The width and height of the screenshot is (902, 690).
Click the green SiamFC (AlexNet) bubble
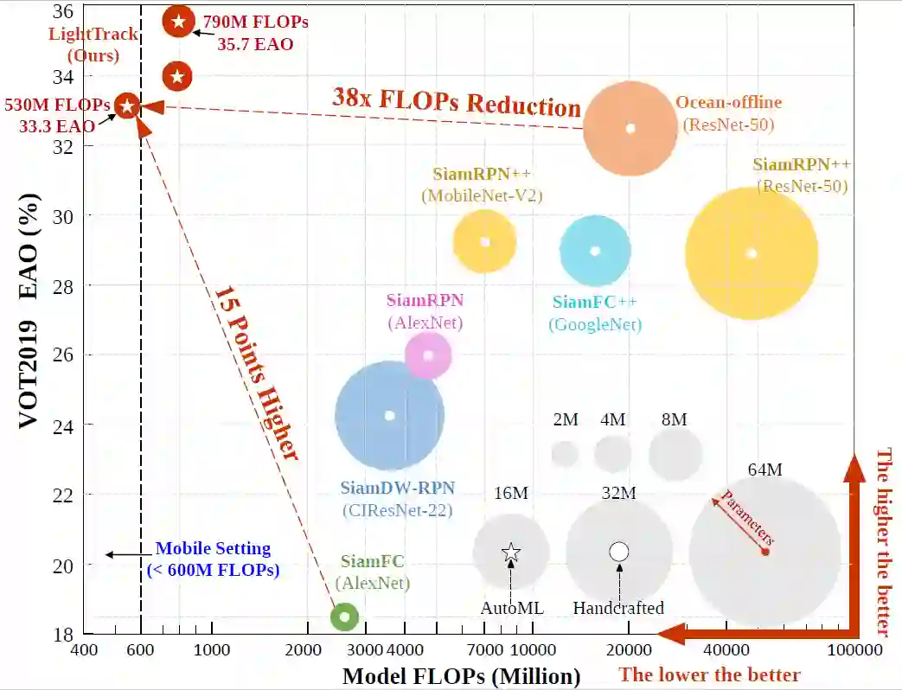tap(344, 617)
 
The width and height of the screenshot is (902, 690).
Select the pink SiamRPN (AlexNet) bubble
tap(428, 355)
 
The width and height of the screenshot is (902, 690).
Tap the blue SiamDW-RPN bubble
tap(389, 415)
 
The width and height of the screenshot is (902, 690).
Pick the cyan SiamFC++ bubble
tap(594, 251)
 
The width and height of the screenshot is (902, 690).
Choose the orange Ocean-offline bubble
tap(630, 128)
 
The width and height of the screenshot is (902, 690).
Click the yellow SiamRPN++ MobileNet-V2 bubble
tap(484, 241)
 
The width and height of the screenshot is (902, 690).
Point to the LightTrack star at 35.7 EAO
tap(178, 21)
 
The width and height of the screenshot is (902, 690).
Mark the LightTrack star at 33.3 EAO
tap(127, 106)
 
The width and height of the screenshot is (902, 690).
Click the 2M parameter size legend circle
tap(565, 452)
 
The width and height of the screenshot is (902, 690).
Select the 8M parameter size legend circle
tap(675, 453)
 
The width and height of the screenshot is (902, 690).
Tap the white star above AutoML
tap(511, 552)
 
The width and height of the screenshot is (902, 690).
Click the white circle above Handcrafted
tap(618, 552)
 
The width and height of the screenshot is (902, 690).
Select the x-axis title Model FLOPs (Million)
tap(461, 676)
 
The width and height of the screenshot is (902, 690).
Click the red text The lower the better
tap(709, 674)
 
